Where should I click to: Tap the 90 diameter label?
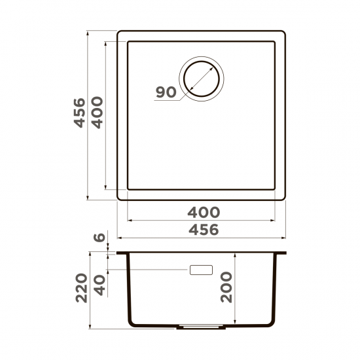point(166,92)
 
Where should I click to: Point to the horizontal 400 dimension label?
point(204,213)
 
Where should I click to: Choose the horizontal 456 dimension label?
point(204,230)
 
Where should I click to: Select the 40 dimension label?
point(99,283)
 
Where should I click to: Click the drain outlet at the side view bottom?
point(201,325)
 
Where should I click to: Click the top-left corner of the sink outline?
point(120,31)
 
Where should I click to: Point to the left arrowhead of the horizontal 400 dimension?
point(128,220)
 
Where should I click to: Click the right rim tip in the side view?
point(285,253)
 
